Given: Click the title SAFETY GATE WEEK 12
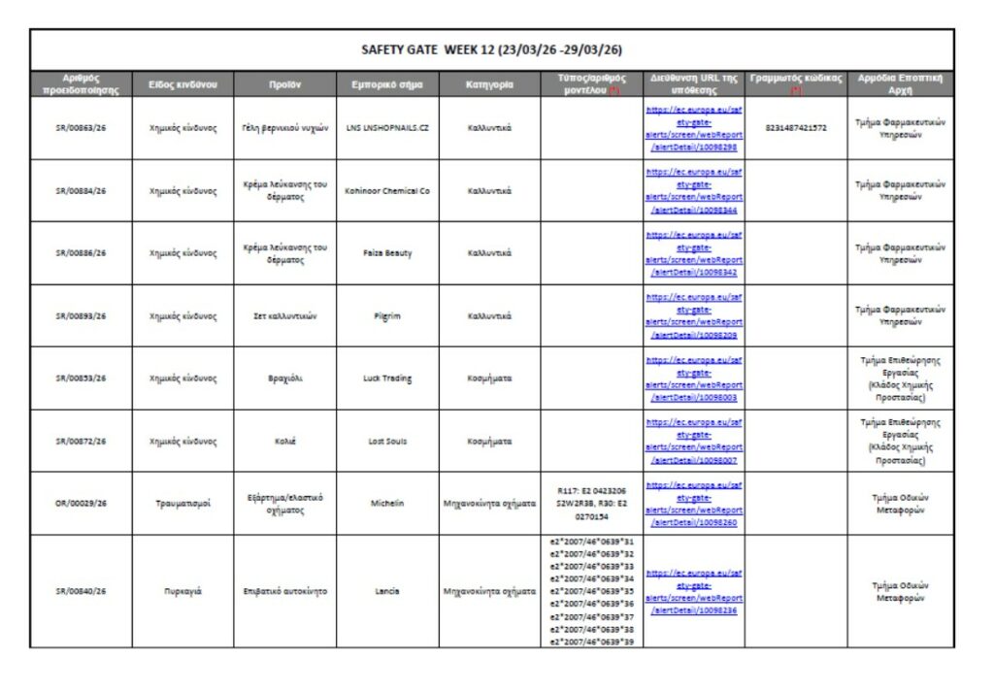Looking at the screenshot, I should click(x=491, y=49).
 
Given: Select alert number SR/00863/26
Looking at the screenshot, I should click(x=81, y=128).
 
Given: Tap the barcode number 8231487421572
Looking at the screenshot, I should click(x=796, y=128).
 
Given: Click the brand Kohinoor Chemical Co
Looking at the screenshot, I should click(x=386, y=190).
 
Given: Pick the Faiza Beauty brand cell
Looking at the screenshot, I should click(x=386, y=253).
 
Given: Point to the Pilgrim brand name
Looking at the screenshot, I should click(x=386, y=315).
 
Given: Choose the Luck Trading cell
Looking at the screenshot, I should click(x=386, y=378).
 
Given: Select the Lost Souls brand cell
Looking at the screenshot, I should click(x=386, y=441).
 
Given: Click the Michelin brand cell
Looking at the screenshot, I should click(x=386, y=504).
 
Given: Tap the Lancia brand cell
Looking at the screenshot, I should click(x=386, y=591).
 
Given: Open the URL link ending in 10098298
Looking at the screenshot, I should click(x=694, y=128).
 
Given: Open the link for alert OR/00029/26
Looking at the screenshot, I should click(x=694, y=504).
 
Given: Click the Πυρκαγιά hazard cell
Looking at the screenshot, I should click(x=182, y=591).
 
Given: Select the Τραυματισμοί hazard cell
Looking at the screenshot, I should click(x=182, y=504).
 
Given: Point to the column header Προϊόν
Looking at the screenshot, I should click(x=284, y=84).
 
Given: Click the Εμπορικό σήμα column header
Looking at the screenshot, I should click(x=386, y=84).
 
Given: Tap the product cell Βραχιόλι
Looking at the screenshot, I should click(x=284, y=378).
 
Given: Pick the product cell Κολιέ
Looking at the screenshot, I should click(x=284, y=441).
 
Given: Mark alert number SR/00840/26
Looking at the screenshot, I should click(x=81, y=591).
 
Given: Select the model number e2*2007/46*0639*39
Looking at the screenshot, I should click(x=592, y=642).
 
